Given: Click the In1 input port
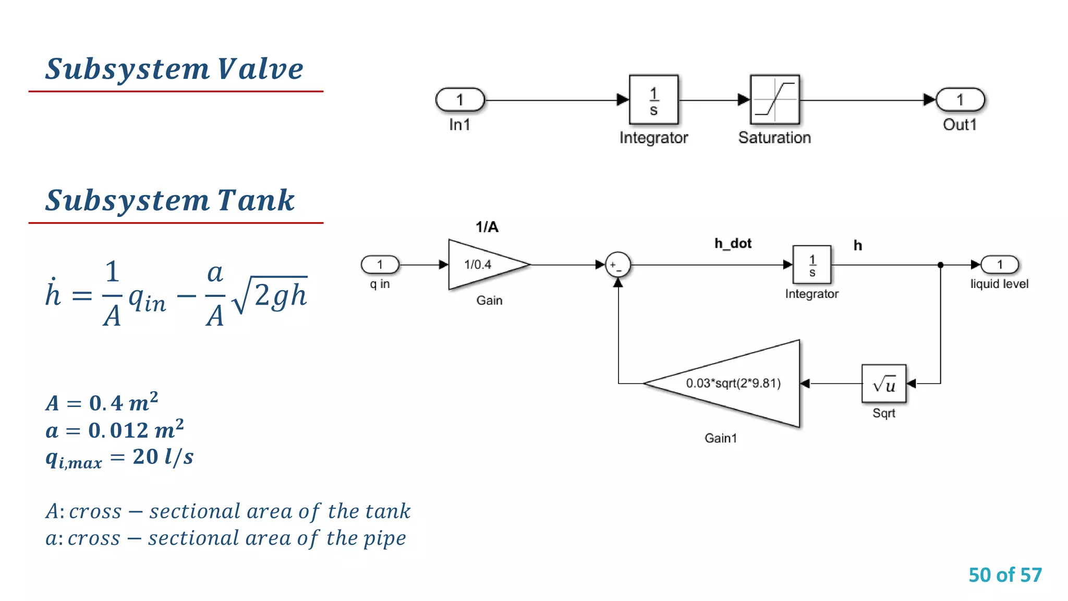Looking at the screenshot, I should pyautogui.click(x=460, y=100).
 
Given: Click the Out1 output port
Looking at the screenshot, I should pyautogui.click(x=960, y=100).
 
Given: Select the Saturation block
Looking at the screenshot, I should pyautogui.click(x=774, y=100).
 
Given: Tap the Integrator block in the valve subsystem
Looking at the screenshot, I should pyautogui.click(x=653, y=100).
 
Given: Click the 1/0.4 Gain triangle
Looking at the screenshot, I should pyautogui.click(x=482, y=265).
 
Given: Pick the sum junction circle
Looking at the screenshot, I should pyautogui.click(x=617, y=265).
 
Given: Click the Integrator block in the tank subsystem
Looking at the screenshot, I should pyautogui.click(x=811, y=265).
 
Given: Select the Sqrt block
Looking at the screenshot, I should pyautogui.click(x=884, y=384).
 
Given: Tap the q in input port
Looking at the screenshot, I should pyautogui.click(x=380, y=265).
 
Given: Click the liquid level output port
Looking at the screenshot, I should pyautogui.click(x=1000, y=265).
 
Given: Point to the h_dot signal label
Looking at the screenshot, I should pyautogui.click(x=733, y=244).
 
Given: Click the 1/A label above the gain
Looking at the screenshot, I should pyautogui.click(x=487, y=227).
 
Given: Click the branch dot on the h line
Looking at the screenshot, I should pyautogui.click(x=940, y=265).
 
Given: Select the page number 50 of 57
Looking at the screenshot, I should pyautogui.click(x=1005, y=575).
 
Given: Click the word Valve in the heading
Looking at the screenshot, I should pyautogui.click(x=260, y=69).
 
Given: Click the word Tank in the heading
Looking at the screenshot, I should pyautogui.click(x=256, y=200).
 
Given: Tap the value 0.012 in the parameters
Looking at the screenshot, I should pyautogui.click(x=118, y=430).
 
